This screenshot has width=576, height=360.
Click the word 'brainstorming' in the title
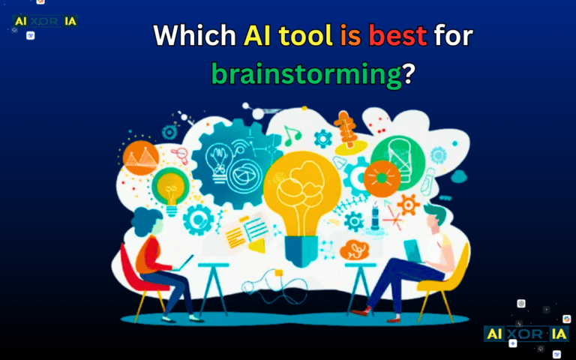(x=307, y=74)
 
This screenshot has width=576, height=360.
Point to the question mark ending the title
(x=409, y=74)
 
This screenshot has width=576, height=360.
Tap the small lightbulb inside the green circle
(x=169, y=189)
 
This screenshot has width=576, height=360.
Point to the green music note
(x=291, y=136)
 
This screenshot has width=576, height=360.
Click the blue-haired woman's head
(x=148, y=222)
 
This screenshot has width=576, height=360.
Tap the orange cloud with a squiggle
(x=355, y=250)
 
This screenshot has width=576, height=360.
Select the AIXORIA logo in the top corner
(x=45, y=20)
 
